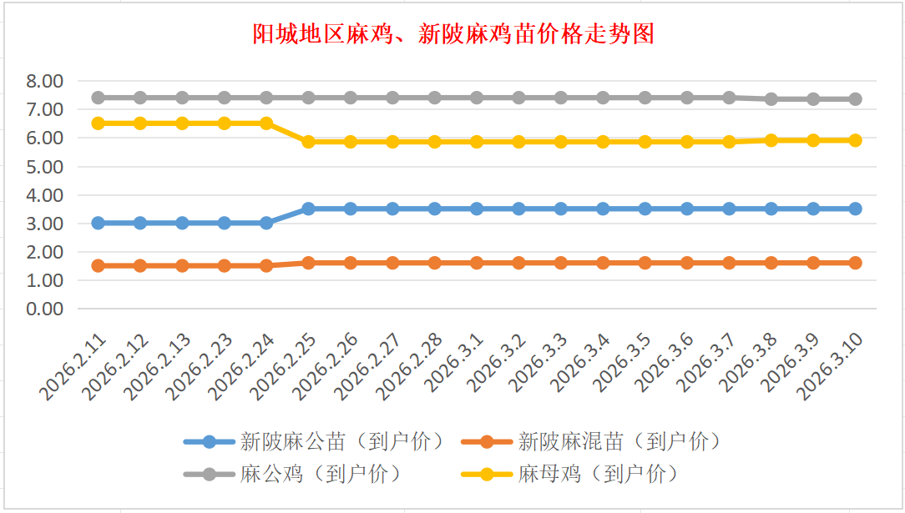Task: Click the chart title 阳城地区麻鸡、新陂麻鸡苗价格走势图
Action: (x=452, y=34)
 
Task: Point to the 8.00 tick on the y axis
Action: (x=44, y=81)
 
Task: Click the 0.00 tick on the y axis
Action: (x=44, y=309)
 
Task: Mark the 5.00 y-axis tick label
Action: (x=44, y=166)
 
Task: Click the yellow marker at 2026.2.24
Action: (x=266, y=123)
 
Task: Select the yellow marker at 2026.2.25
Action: (x=308, y=142)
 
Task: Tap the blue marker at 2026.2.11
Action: (x=98, y=223)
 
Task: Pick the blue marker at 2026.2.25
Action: (x=308, y=209)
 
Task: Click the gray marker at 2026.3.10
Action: (x=855, y=99)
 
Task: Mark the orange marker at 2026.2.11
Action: (x=98, y=265)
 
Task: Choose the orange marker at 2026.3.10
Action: (x=855, y=263)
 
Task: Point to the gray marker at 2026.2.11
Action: (x=98, y=98)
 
